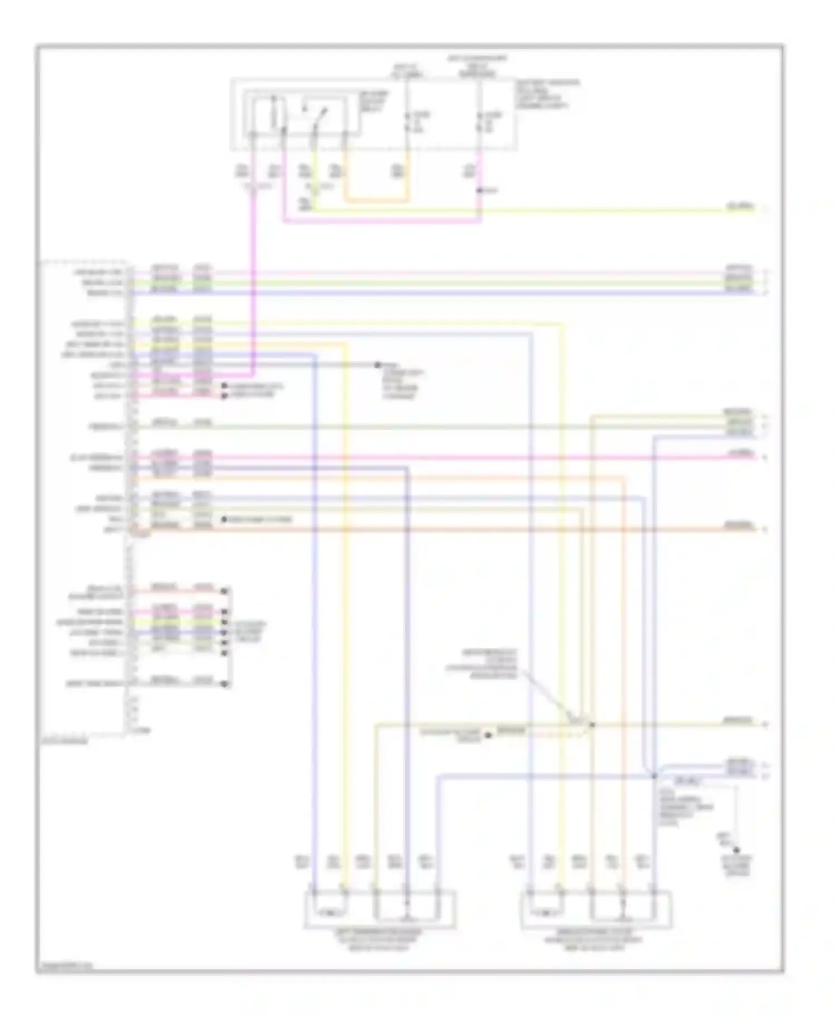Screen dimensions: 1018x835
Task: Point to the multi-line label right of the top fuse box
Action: (x=548, y=94)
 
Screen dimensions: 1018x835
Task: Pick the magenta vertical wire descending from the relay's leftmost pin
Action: (x=254, y=278)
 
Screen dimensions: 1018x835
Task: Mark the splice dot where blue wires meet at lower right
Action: (x=655, y=775)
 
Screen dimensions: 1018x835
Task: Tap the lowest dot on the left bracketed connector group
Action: (x=225, y=684)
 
